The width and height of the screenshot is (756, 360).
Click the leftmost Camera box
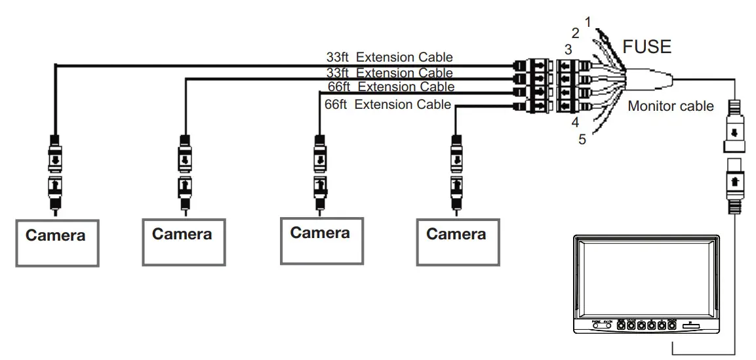tap(57, 243)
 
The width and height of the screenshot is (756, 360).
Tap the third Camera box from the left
tap(321, 241)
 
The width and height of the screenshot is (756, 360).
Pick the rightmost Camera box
tap(458, 242)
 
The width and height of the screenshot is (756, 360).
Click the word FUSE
tap(647, 47)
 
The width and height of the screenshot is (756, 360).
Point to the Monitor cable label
tap(671, 106)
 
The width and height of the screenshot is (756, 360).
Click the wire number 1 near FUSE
tap(588, 22)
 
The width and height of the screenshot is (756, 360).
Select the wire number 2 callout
tap(576, 33)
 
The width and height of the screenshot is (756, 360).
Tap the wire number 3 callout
tap(568, 49)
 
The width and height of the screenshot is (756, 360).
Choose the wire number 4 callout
tap(574, 123)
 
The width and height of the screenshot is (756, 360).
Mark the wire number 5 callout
tap(582, 139)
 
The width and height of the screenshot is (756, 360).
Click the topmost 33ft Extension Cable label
tap(389, 57)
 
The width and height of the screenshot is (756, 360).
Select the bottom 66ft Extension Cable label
tap(388, 104)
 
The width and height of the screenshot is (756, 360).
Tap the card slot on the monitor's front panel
tap(691, 325)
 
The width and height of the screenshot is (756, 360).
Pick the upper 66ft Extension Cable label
tap(391, 87)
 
